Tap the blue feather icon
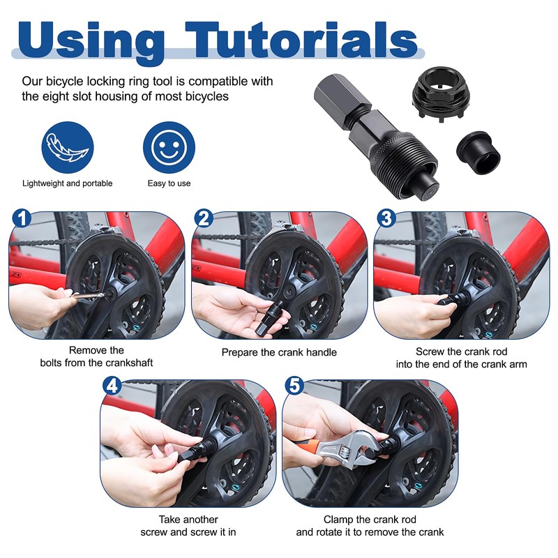67,148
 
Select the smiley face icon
169,148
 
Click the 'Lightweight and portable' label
67,183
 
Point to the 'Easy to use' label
169,183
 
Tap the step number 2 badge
203,218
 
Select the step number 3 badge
386,218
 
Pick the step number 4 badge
113,386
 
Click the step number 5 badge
294,386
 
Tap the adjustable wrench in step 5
349,450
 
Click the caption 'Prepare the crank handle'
279,352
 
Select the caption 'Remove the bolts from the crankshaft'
97,356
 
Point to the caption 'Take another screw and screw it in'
188,525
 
